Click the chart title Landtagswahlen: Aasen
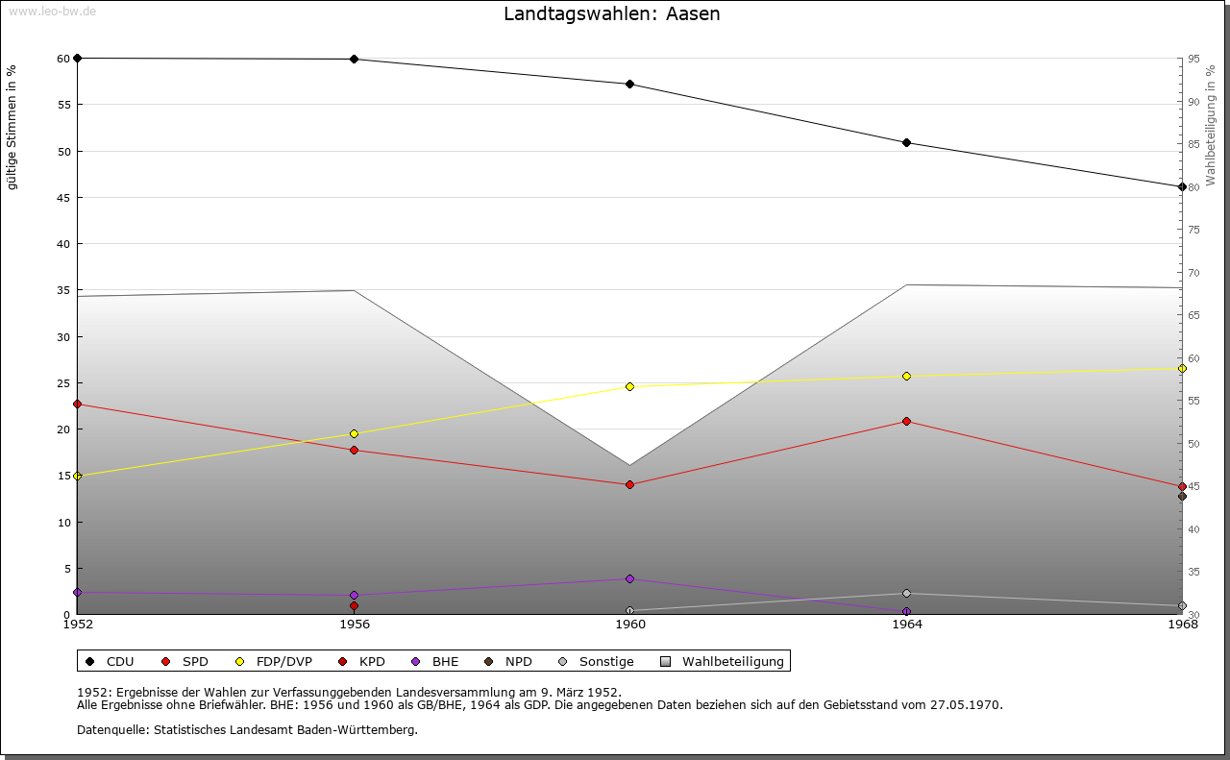(x=611, y=14)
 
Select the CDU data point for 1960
(x=630, y=85)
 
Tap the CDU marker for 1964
(x=906, y=143)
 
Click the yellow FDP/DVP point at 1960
(x=630, y=386)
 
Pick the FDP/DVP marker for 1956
(x=355, y=433)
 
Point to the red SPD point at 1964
(x=906, y=421)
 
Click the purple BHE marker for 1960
(x=630, y=578)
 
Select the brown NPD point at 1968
(x=1182, y=496)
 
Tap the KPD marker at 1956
(x=355, y=605)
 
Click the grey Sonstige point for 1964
(x=906, y=593)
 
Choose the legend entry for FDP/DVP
(x=278, y=661)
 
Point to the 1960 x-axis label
(x=630, y=625)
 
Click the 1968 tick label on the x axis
(x=1182, y=625)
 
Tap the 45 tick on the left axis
(x=63, y=198)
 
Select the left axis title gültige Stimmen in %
(x=12, y=127)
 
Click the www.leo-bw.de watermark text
(x=52, y=11)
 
